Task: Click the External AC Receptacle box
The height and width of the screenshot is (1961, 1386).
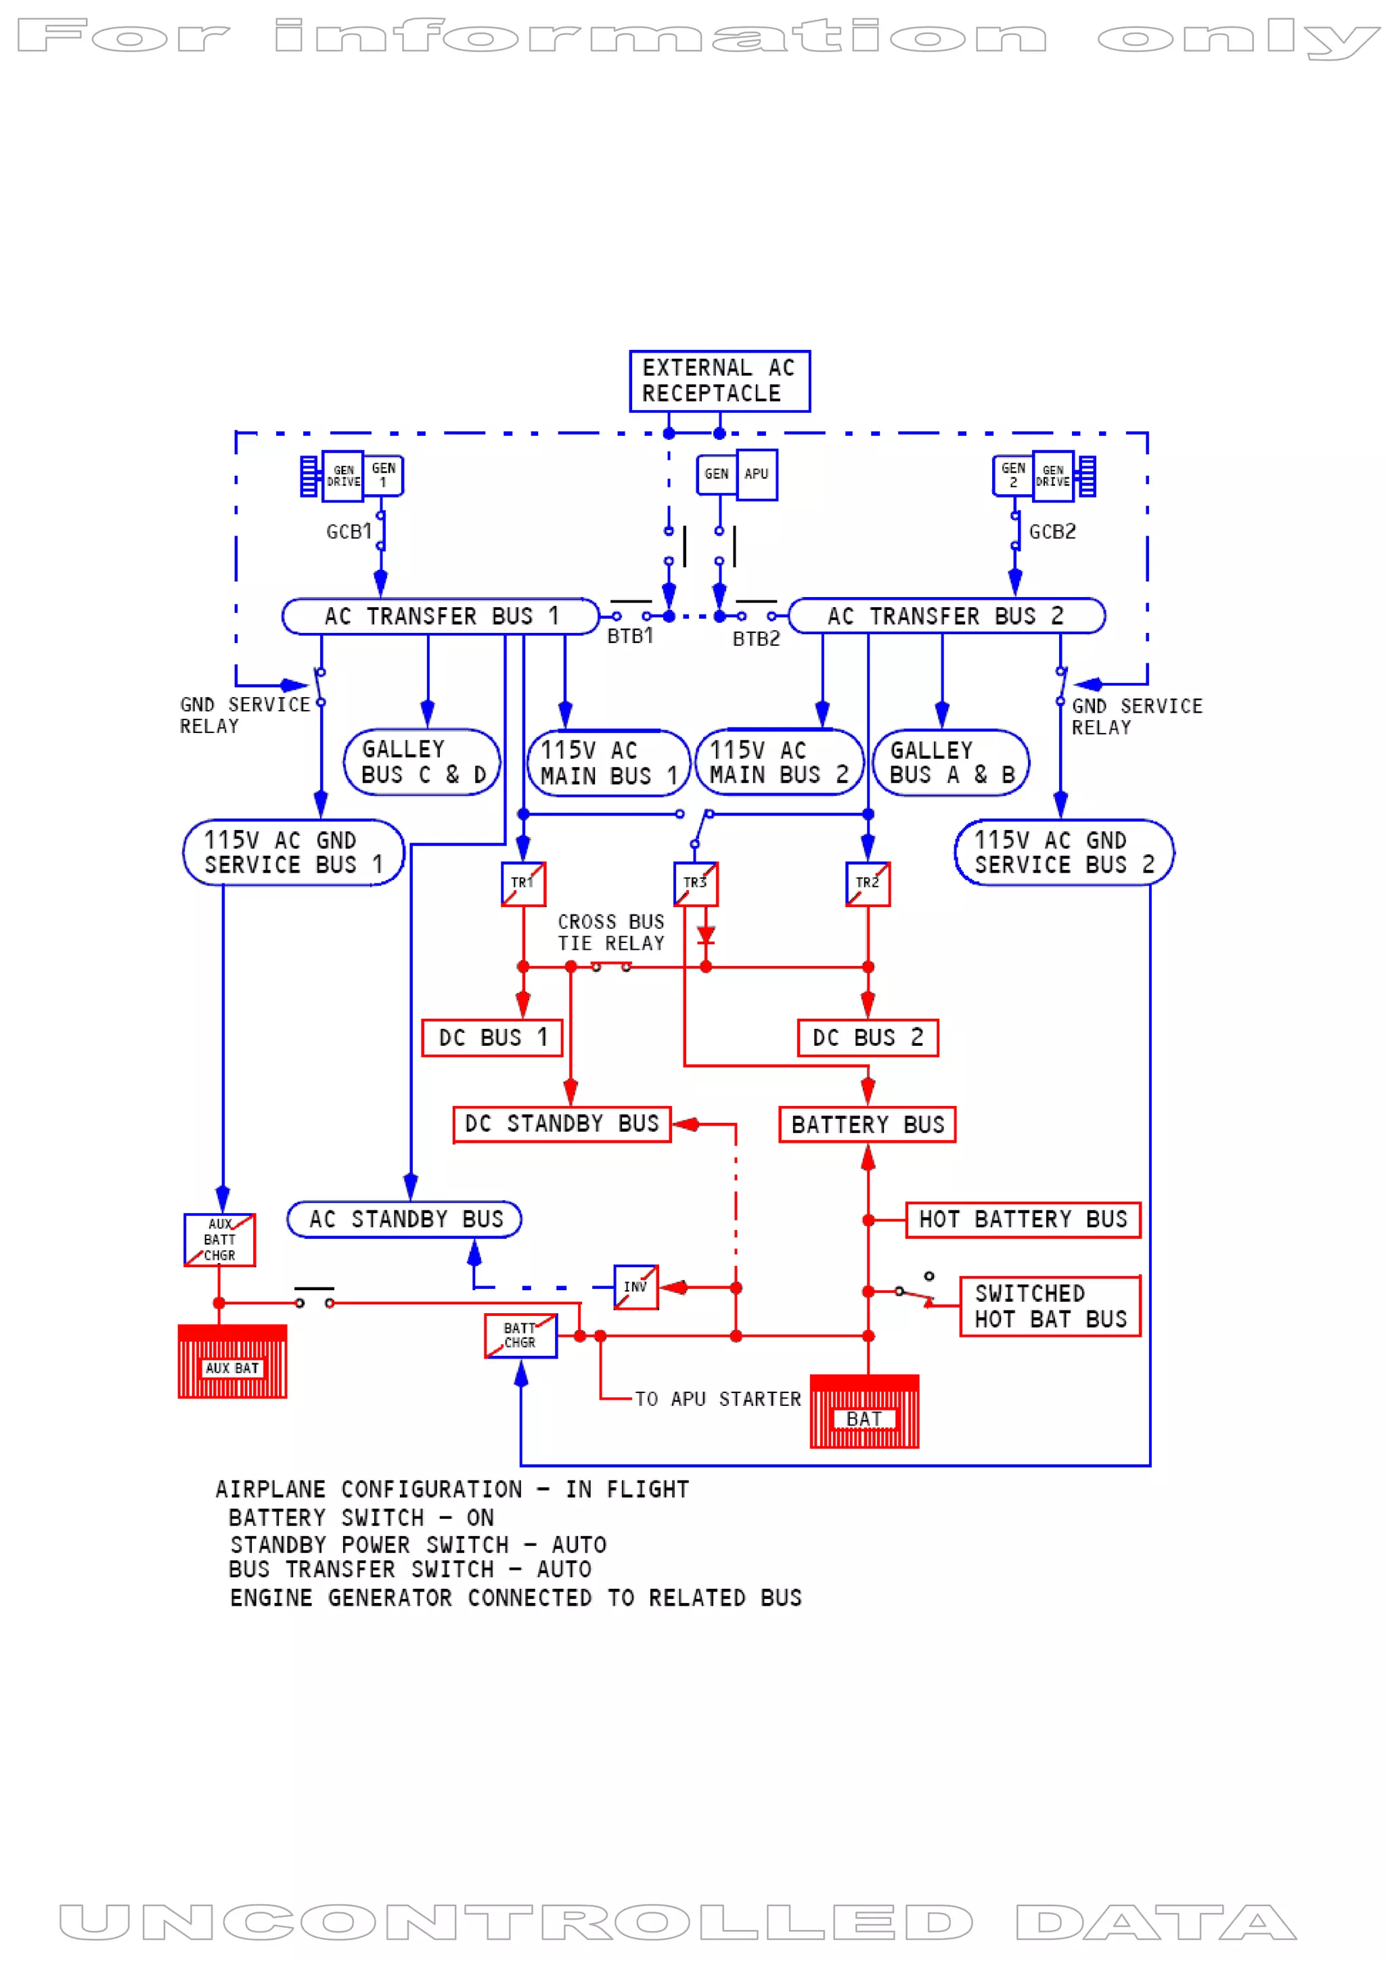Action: (719, 381)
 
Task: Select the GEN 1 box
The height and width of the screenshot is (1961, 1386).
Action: (384, 475)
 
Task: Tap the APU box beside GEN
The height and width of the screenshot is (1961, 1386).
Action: (757, 474)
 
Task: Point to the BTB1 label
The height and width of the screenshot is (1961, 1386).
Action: (630, 636)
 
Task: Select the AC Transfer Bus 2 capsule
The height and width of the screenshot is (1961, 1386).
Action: (946, 616)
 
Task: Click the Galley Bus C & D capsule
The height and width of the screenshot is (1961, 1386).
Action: (422, 762)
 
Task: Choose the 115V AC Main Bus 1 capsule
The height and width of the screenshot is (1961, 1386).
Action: (608, 763)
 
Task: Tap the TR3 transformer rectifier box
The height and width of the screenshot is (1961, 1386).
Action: (695, 883)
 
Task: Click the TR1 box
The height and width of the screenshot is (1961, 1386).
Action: (522, 883)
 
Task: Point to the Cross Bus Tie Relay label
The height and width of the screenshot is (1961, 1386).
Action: (610, 933)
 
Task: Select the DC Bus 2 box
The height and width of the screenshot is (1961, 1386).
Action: (868, 1038)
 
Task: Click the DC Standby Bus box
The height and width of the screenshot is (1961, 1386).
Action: (562, 1124)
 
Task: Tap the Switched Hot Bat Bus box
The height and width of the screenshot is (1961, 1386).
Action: (1050, 1306)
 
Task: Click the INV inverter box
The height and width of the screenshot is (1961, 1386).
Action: (635, 1287)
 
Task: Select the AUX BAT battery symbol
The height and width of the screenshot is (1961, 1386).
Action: (232, 1361)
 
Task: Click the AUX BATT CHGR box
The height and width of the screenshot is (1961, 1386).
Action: (219, 1239)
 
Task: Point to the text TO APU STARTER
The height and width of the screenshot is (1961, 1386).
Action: (717, 1399)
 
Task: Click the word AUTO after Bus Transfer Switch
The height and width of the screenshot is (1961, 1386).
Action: (564, 1570)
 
